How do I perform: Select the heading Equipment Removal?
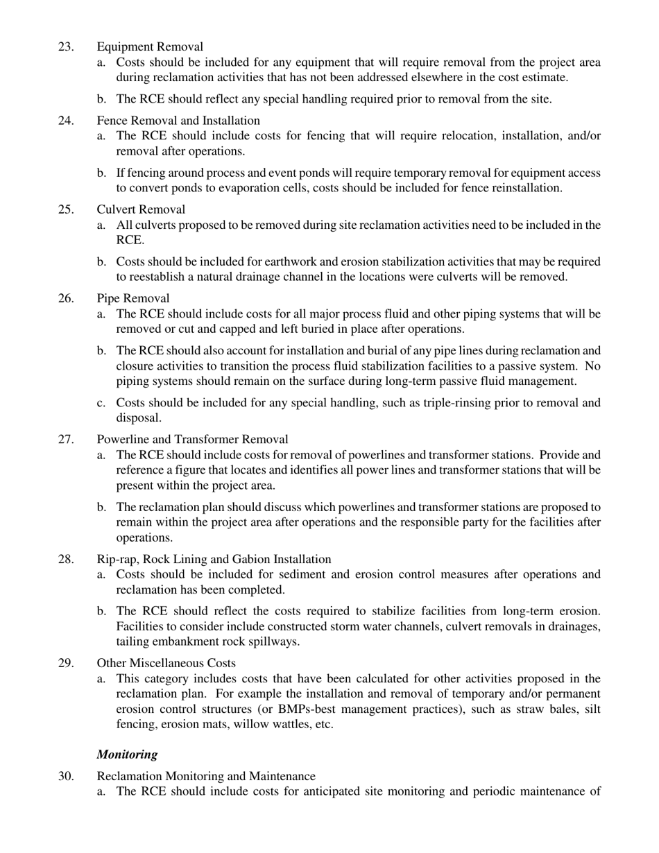click(x=150, y=46)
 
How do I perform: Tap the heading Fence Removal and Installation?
click(x=178, y=121)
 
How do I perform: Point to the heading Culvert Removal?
click(x=141, y=209)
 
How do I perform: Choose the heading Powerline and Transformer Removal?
click(x=193, y=439)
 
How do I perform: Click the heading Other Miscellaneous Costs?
click(x=166, y=663)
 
